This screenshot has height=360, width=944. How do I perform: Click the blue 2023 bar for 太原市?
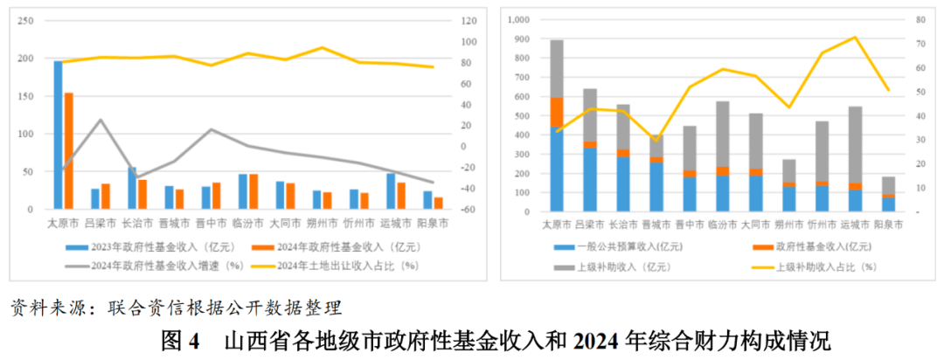59,135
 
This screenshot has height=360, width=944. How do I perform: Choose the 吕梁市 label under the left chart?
100,224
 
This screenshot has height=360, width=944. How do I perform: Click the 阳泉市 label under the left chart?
431,224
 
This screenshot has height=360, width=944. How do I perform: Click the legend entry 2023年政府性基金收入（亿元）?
146,247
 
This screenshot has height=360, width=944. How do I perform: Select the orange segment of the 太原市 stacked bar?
557,113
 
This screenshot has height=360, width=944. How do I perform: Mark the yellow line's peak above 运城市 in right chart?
855,38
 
